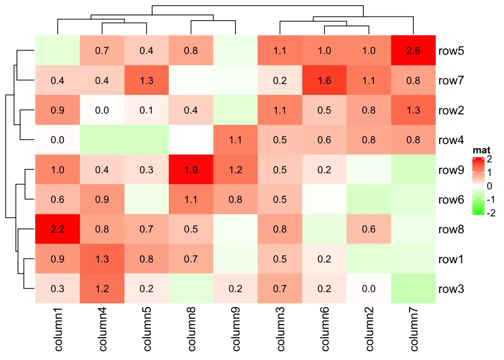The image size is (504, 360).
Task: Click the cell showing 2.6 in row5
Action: (413, 51)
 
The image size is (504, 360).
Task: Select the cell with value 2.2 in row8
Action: (57, 229)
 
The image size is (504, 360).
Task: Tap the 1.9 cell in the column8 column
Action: (191, 170)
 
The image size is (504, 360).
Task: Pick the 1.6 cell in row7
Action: (324, 81)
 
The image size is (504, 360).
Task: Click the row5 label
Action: (451, 51)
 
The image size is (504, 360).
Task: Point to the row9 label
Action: (451, 170)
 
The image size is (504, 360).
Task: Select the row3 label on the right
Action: (451, 289)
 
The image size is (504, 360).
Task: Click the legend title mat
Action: (481, 150)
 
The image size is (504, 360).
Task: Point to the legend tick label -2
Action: (490, 213)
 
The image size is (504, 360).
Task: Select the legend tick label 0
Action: (488, 186)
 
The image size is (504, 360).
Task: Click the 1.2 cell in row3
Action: (102, 289)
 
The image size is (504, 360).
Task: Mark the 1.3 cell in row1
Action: (102, 259)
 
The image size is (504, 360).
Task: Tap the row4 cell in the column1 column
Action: (57, 140)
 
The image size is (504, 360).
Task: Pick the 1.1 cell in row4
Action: (235, 140)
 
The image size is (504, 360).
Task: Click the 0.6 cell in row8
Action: (369, 229)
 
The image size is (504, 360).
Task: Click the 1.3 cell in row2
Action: (413, 110)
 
